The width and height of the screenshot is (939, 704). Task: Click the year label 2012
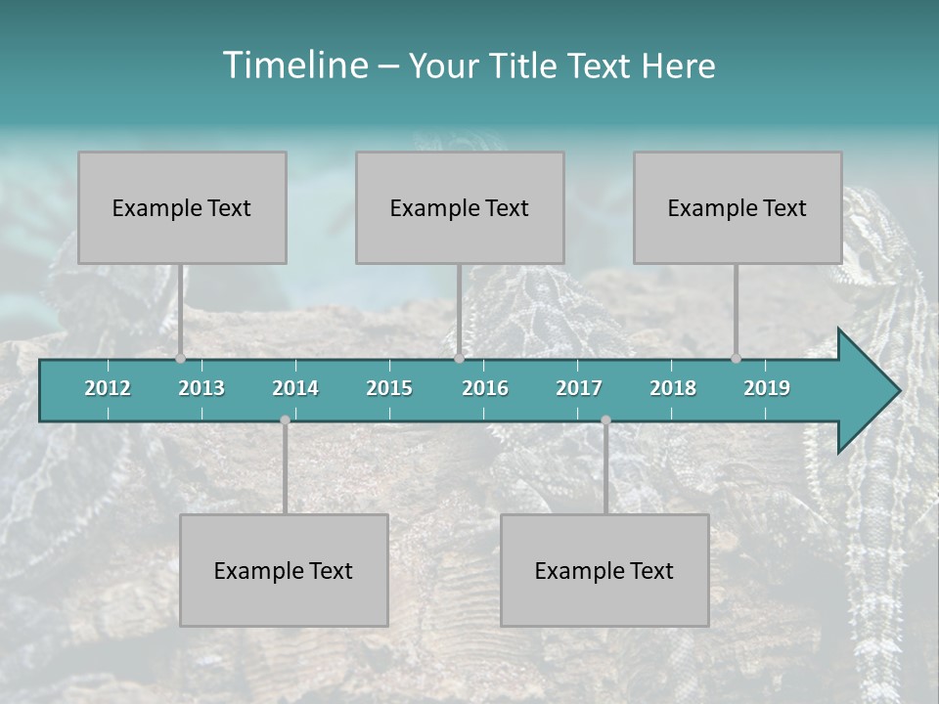pyautogui.click(x=108, y=388)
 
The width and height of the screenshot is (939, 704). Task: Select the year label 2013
pyautogui.click(x=201, y=388)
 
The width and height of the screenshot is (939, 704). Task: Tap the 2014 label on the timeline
pyautogui.click(x=295, y=388)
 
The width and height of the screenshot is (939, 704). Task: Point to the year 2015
pyautogui.click(x=389, y=388)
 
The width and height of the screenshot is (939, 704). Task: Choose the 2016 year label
pyautogui.click(x=485, y=388)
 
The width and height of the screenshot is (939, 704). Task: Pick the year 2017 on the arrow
pyautogui.click(x=579, y=388)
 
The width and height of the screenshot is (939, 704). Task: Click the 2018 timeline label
pyautogui.click(x=673, y=388)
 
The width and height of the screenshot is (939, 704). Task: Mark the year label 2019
pyautogui.click(x=767, y=388)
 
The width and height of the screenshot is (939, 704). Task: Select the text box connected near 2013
pyautogui.click(x=182, y=207)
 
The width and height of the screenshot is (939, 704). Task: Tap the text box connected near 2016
pyautogui.click(x=460, y=207)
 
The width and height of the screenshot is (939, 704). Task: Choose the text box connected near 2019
pyautogui.click(x=738, y=207)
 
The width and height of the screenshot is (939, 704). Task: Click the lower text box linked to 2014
pyautogui.click(x=284, y=570)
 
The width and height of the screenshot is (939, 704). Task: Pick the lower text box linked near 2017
pyautogui.click(x=604, y=570)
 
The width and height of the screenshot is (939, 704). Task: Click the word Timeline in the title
pyautogui.click(x=293, y=66)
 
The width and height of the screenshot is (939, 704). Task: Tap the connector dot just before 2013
pyautogui.click(x=180, y=358)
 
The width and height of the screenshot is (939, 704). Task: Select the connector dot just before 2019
pyautogui.click(x=736, y=358)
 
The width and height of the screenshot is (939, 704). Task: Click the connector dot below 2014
pyautogui.click(x=285, y=420)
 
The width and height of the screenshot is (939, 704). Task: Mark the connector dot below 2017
pyautogui.click(x=605, y=420)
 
